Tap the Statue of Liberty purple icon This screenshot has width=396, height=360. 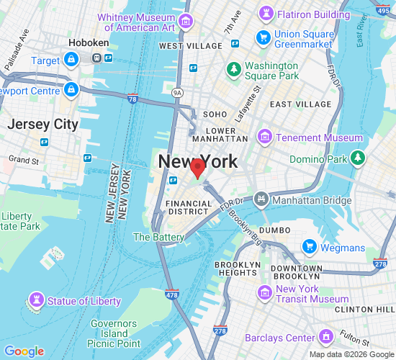[x=35, y=300]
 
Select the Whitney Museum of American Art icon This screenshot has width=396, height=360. [x=187, y=22]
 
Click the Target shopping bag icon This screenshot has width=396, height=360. [x=71, y=61]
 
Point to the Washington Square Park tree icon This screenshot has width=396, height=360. [x=233, y=69]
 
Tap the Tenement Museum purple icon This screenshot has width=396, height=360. [x=265, y=138]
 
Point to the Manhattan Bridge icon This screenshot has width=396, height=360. [x=261, y=198]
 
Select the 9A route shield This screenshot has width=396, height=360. [x=177, y=92]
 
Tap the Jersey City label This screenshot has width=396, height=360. [x=42, y=125]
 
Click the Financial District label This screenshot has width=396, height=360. [x=189, y=208]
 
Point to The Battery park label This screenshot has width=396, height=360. [x=158, y=237]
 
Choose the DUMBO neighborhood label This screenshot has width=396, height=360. [x=274, y=230]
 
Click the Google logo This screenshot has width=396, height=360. [x=24, y=351]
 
